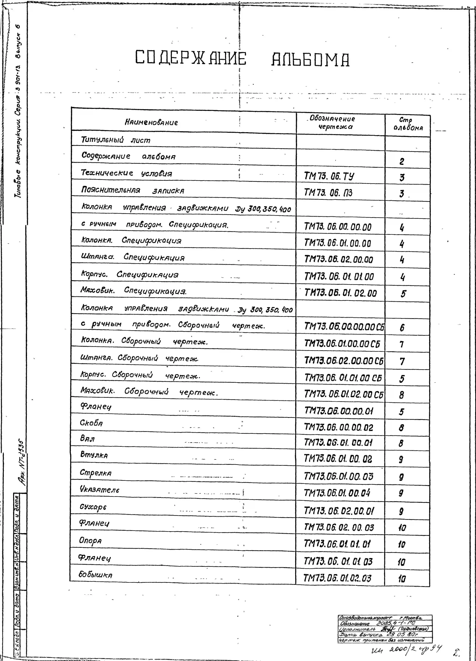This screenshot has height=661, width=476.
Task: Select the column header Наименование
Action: pos(151,122)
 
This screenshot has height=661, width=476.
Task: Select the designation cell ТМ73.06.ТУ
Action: pos(329,176)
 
